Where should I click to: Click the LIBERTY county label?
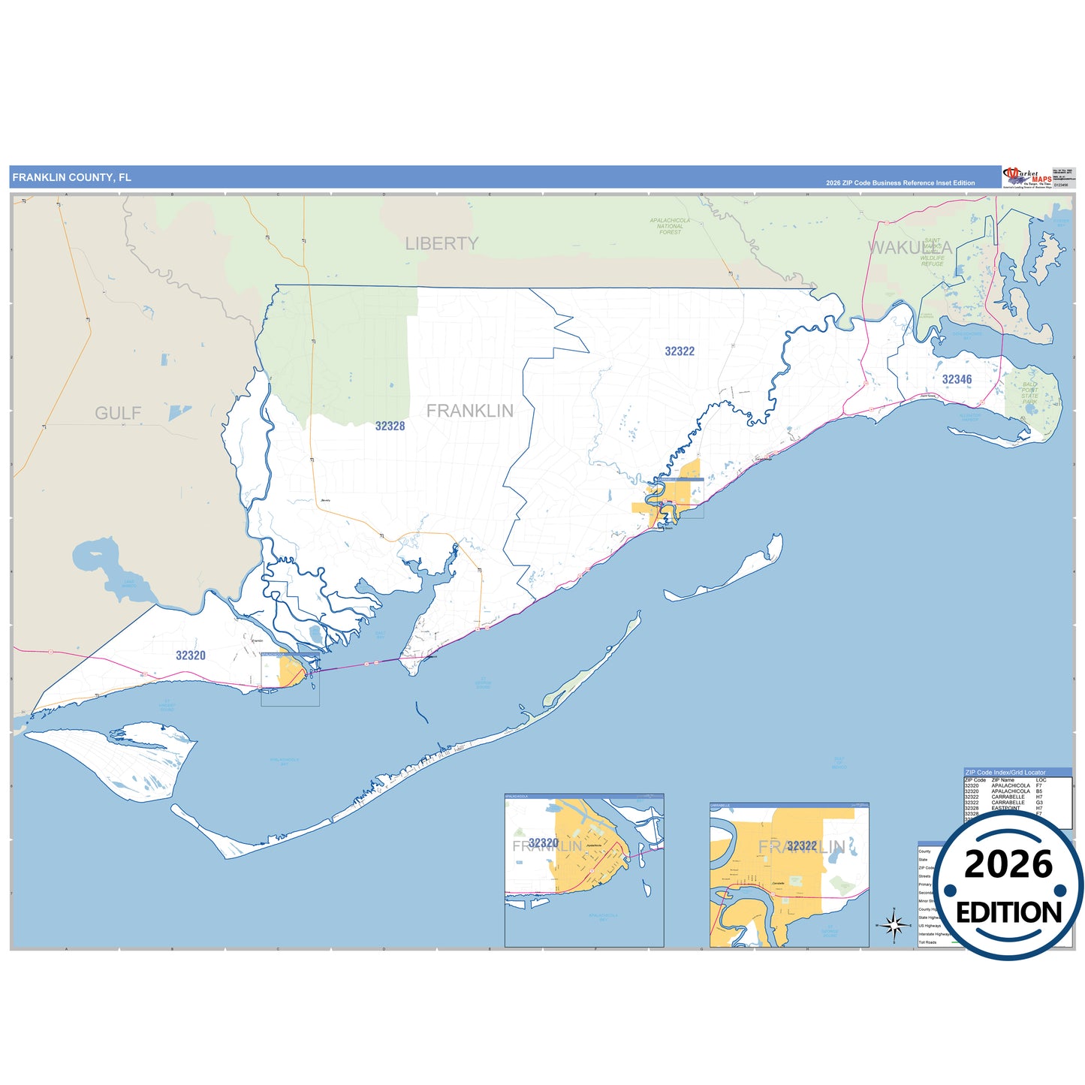point(442,243)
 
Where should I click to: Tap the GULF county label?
point(118,413)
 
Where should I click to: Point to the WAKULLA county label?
point(910,247)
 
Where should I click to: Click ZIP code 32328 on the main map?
point(390,426)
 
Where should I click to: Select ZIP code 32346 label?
point(957,379)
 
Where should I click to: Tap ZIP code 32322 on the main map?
point(680,351)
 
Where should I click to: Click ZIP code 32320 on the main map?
point(191,656)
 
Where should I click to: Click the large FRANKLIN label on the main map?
point(470,411)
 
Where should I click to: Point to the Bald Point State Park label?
point(1030,393)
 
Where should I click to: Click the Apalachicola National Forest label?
point(670,226)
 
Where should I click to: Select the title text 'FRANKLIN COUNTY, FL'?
point(71,177)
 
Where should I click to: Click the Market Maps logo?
point(1026,177)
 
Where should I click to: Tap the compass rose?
point(894,924)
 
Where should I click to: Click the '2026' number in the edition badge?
point(1008,864)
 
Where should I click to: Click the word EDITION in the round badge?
point(1008,912)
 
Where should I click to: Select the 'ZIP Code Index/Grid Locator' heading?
point(1005,772)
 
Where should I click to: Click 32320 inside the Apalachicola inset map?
point(543,843)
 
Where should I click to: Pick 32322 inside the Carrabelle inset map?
point(801,845)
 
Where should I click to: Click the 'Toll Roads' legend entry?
point(927,942)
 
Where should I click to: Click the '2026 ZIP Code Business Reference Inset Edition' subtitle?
point(900,182)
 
